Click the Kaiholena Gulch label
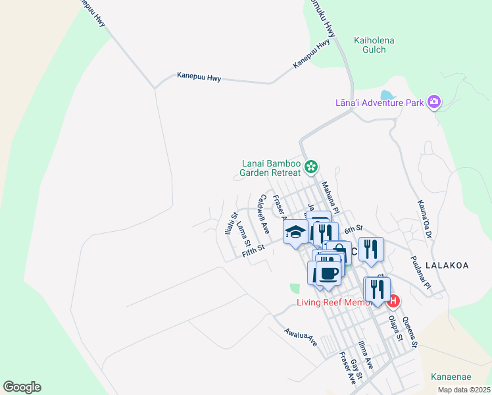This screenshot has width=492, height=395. [374, 45]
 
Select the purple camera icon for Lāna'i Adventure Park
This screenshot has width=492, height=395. [433, 101]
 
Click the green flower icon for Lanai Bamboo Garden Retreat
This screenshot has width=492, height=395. [311, 167]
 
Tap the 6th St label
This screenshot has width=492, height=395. [354, 228]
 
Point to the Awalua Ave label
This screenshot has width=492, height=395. [301, 338]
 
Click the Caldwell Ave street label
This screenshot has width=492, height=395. [264, 214]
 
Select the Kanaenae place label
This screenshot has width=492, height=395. [451, 377]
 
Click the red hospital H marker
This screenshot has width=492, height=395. [393, 302]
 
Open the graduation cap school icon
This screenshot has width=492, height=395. [296, 232]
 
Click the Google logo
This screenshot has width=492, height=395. [22, 387]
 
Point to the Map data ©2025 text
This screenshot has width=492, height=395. [464, 390]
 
